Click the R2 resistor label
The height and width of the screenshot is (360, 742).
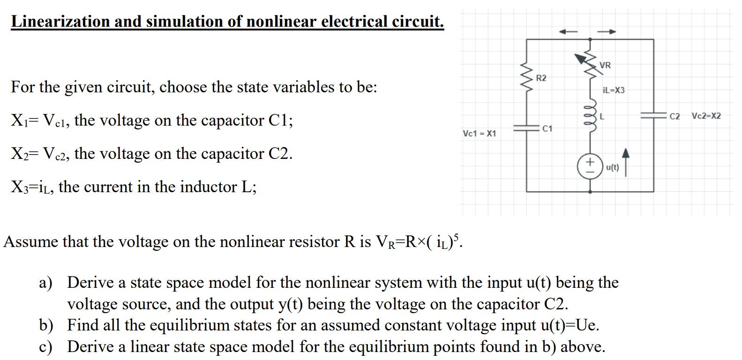click(541, 78)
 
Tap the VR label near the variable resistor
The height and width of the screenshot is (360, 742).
click(605, 65)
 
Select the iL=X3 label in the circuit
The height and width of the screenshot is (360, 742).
click(614, 90)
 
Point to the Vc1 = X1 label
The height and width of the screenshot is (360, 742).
click(479, 134)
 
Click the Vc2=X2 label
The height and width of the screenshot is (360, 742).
click(706, 116)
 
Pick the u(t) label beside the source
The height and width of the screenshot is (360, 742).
click(612, 167)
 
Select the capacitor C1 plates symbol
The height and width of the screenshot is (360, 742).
click(526, 128)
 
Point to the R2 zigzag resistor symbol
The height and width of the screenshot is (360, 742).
click(527, 78)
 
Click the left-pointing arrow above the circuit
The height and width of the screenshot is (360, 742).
click(568, 32)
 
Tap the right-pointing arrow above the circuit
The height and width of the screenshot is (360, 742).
click(607, 32)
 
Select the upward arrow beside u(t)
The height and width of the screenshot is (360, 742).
click(626, 162)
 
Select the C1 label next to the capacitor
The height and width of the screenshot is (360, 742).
click(547, 128)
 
